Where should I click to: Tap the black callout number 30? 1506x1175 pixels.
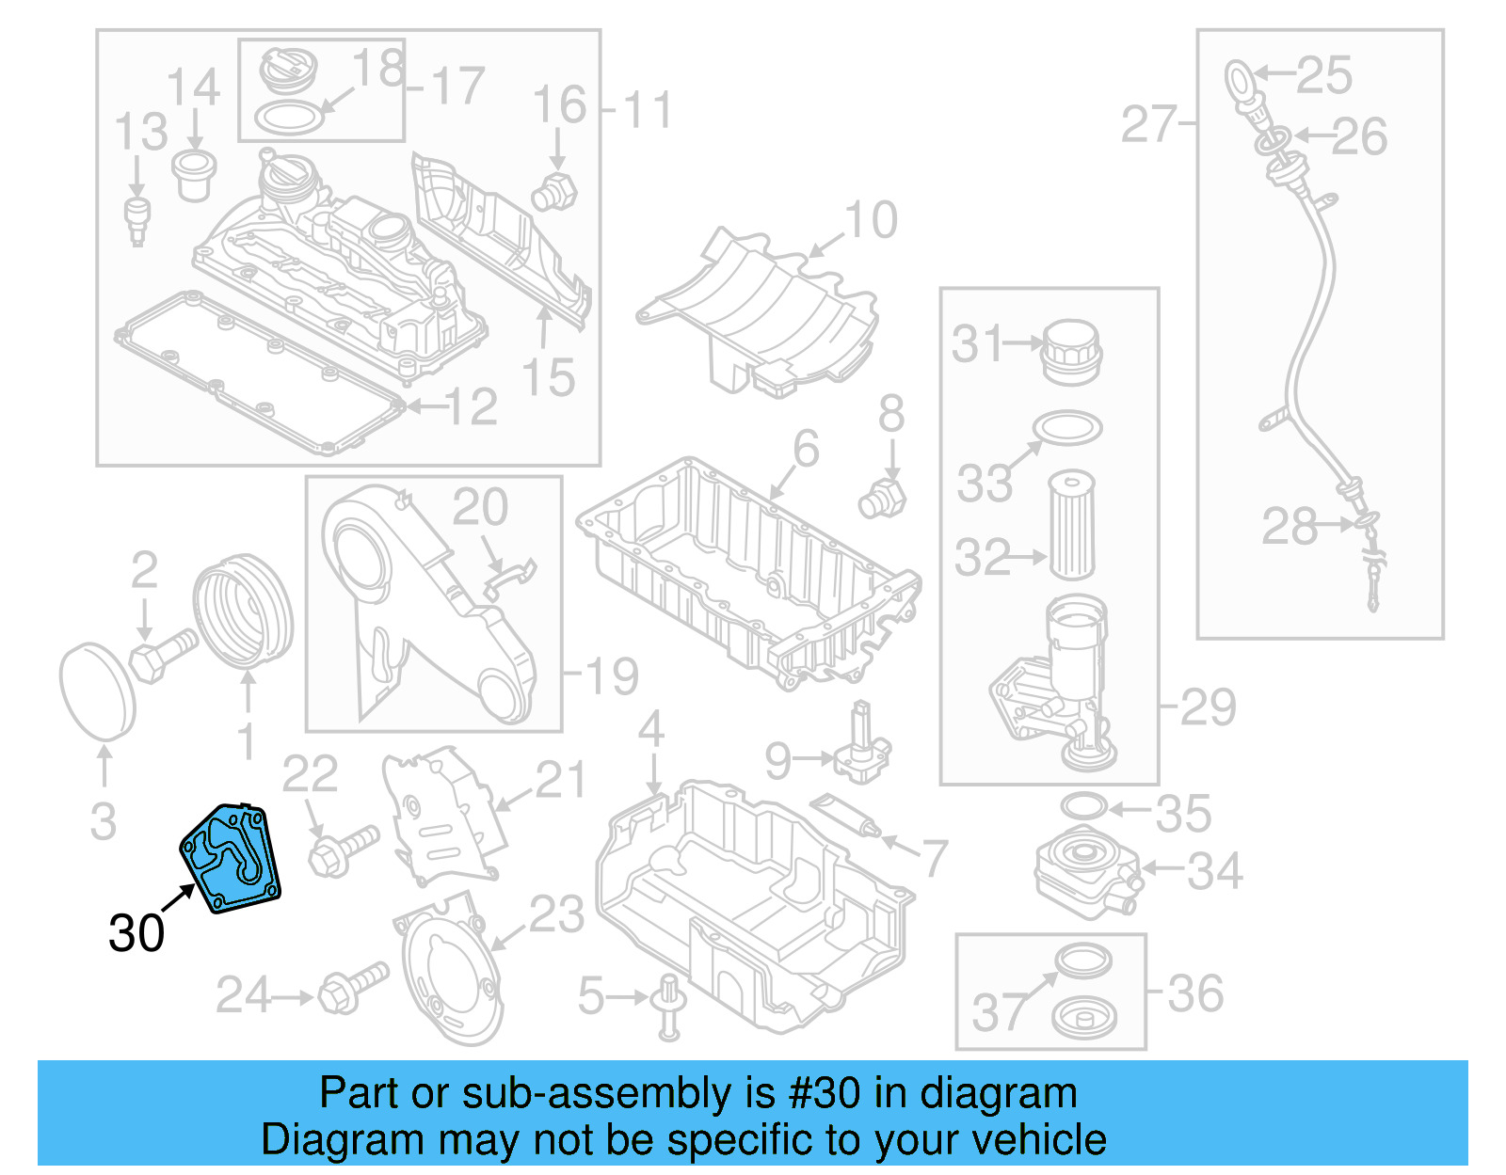pyautogui.click(x=136, y=933)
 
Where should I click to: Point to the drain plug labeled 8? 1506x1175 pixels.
pyautogui.click(x=882, y=499)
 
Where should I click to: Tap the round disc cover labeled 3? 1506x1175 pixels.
pyautogui.click(x=97, y=691)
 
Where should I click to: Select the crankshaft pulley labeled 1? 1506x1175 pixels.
pyautogui.click(x=243, y=612)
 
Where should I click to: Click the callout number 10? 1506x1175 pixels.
pyautogui.click(x=872, y=221)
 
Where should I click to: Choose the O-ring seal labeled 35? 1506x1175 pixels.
pyautogui.click(x=1083, y=807)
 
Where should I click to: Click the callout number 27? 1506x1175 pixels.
pyautogui.click(x=1148, y=124)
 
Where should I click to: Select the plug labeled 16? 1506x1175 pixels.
pyautogui.click(x=554, y=191)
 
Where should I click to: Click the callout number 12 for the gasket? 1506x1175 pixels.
pyautogui.click(x=471, y=406)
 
